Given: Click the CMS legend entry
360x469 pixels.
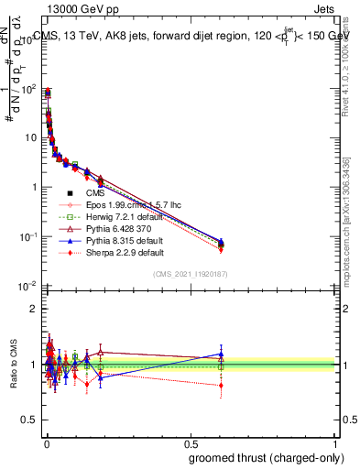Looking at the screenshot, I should (95, 194).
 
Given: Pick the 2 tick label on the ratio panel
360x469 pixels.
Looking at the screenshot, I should (33, 309).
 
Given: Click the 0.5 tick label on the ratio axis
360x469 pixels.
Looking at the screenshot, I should (29, 420).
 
